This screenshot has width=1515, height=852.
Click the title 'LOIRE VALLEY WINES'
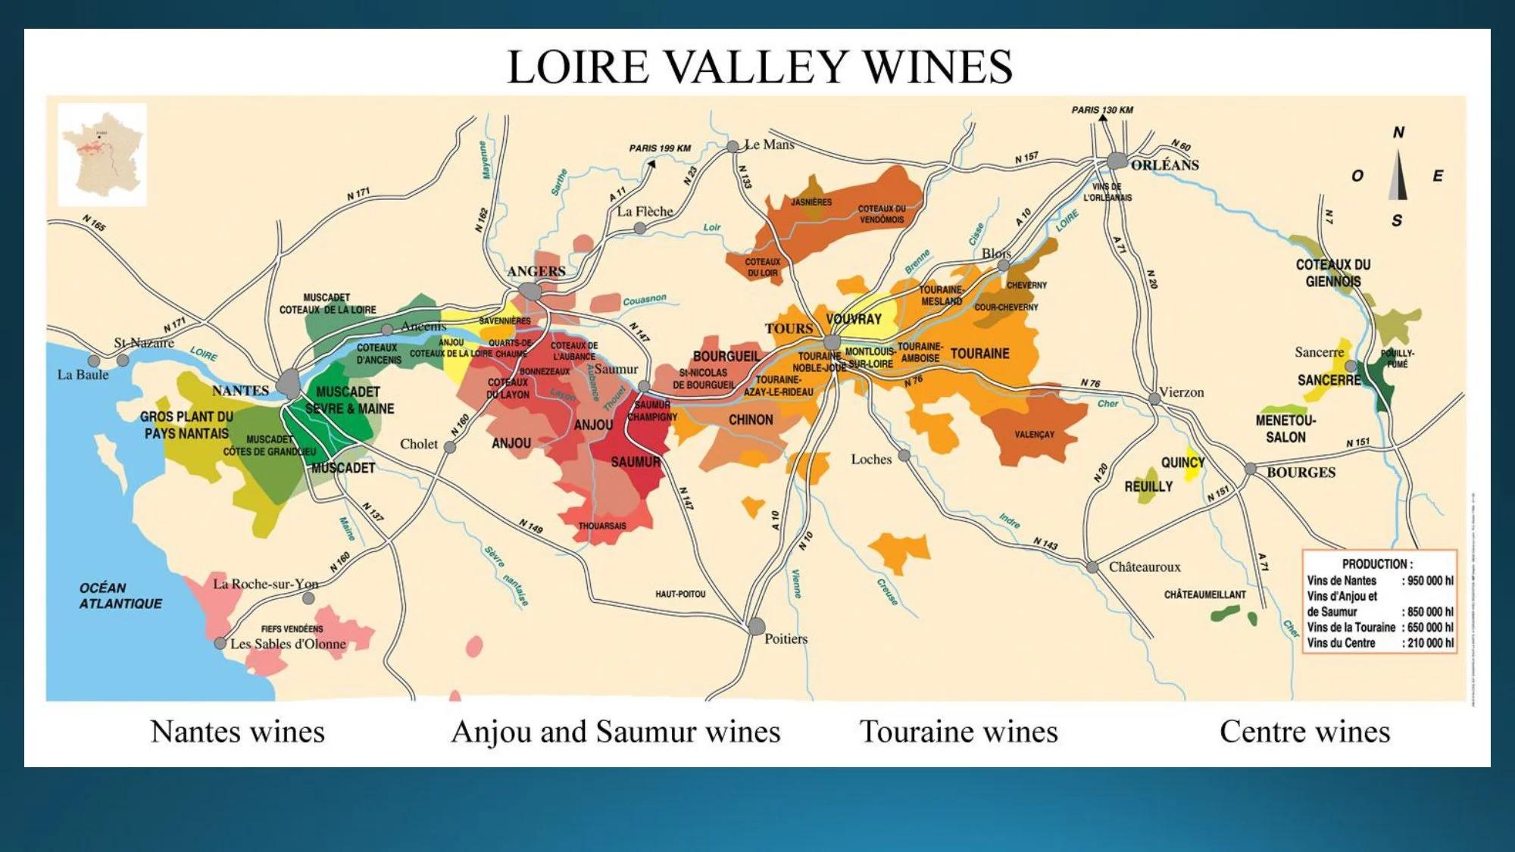(x=759, y=67)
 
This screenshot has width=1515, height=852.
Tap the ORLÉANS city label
(x=1164, y=165)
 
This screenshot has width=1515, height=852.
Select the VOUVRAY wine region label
(x=854, y=319)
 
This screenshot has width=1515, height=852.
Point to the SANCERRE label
(x=1329, y=380)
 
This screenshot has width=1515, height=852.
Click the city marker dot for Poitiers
(x=756, y=626)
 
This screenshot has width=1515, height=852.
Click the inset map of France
(x=102, y=154)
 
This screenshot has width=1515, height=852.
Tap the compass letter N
(x=1398, y=133)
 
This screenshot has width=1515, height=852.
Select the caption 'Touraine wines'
(x=958, y=732)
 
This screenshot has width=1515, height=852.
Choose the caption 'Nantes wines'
(x=237, y=732)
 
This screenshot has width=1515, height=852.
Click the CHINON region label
(x=751, y=420)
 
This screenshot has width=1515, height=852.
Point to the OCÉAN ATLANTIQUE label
(x=120, y=596)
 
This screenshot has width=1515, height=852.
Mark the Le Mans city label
(x=769, y=145)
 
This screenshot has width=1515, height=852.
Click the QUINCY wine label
(x=1182, y=462)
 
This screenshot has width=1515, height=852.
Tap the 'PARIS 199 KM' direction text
(x=660, y=148)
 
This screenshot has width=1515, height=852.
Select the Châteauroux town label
(x=1144, y=566)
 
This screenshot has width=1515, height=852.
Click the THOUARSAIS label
(x=602, y=526)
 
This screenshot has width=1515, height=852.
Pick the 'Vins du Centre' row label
(x=1341, y=643)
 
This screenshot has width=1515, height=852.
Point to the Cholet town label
(x=419, y=444)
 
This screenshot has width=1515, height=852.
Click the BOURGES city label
(x=1301, y=473)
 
